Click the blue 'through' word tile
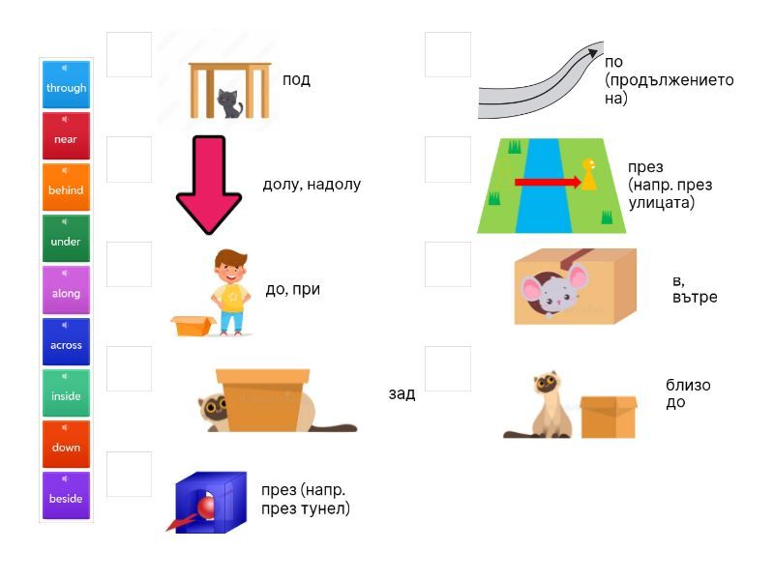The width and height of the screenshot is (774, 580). (66, 84)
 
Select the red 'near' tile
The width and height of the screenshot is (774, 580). (66, 135)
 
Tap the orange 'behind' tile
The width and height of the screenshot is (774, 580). (66, 187)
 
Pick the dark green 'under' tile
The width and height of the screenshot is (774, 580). (66, 238)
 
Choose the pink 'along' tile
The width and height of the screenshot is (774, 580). (66, 290)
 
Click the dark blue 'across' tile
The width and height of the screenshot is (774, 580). (66, 341)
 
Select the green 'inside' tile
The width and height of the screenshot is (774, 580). (66, 392)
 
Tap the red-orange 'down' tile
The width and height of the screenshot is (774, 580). (66, 444)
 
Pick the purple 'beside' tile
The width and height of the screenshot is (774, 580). (66, 495)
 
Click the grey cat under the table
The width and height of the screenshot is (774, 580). (229, 103)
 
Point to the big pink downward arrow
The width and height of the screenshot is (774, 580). (209, 185)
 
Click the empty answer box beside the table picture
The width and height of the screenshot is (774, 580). (130, 55)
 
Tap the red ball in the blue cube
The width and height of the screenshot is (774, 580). (206, 507)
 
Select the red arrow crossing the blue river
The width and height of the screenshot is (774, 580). (548, 183)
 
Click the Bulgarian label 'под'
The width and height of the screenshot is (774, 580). (296, 80)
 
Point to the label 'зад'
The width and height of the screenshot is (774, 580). (402, 393)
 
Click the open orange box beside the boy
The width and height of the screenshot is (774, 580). (193, 326)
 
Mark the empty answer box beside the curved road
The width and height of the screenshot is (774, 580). (448, 55)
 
